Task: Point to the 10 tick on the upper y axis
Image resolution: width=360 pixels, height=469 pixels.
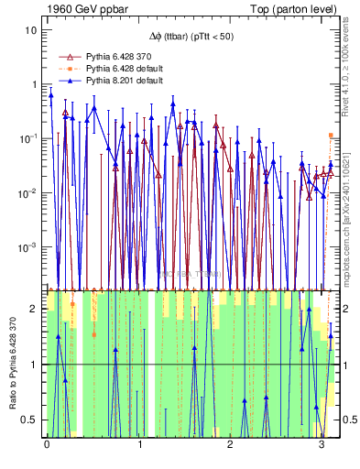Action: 32,29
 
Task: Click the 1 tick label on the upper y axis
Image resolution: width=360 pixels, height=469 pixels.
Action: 35,84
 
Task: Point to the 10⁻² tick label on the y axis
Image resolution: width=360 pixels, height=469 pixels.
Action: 29,192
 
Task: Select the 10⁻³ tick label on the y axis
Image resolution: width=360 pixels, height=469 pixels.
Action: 29,246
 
